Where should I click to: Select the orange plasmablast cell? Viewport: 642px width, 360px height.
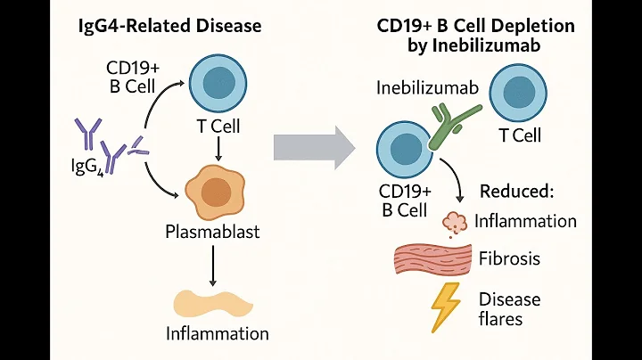coord(215,191)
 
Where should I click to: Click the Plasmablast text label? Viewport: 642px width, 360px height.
coord(215,233)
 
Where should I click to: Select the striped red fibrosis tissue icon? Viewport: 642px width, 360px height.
coord(432,258)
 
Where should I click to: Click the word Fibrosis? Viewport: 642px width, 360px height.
coord(510,259)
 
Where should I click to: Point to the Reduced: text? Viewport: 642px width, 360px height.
coord(517,191)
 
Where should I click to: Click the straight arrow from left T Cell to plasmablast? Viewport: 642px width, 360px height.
coord(215,149)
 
